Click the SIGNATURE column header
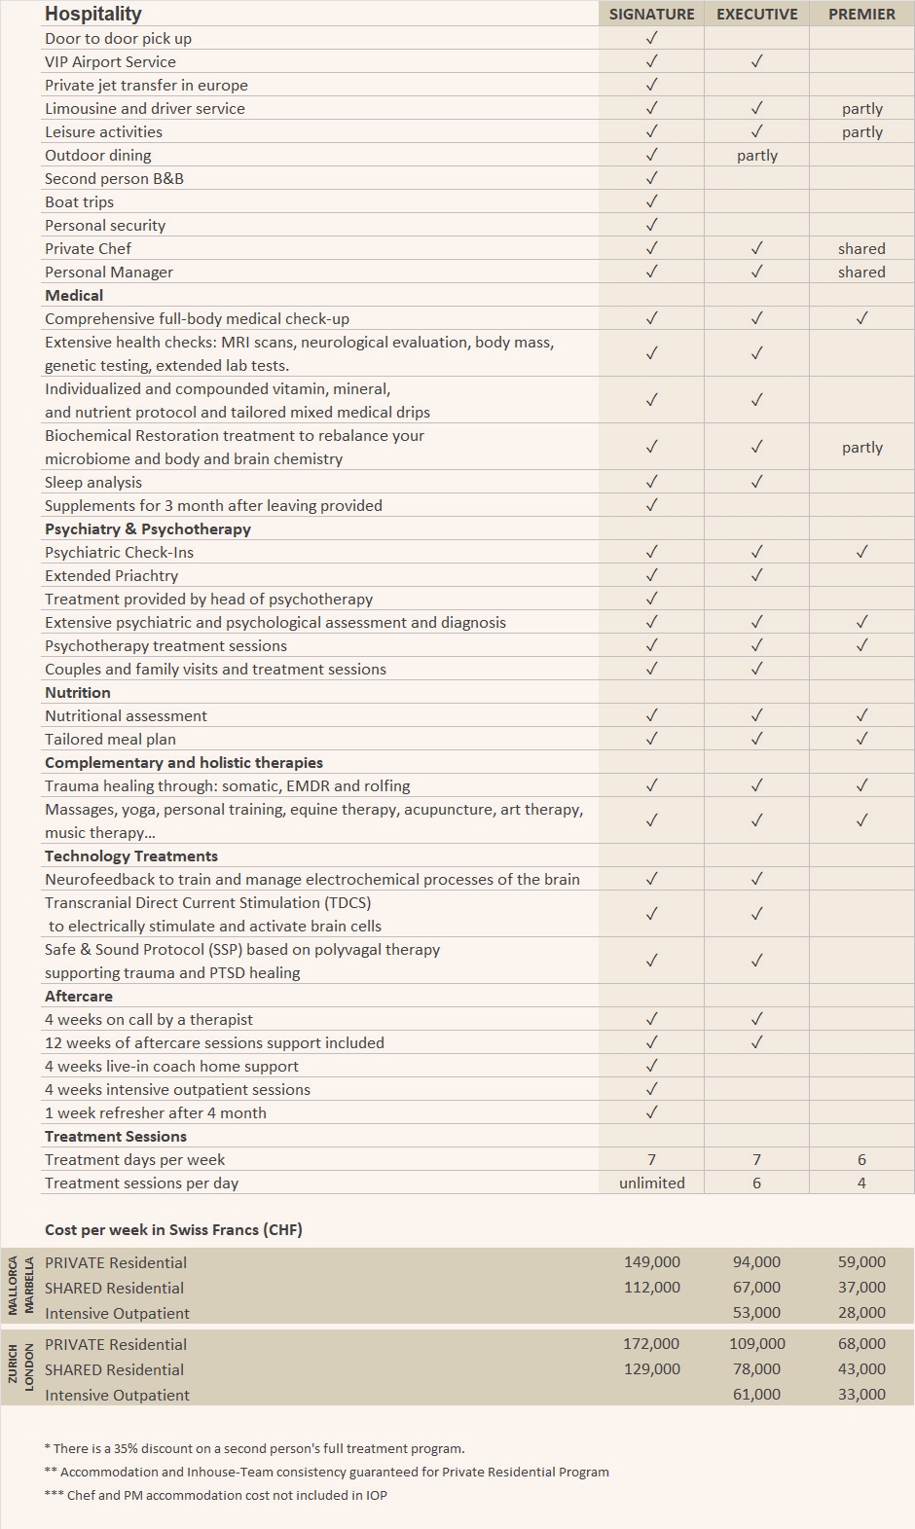[651, 14]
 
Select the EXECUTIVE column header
[756, 14]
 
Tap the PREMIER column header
[861, 14]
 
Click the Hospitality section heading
[93, 14]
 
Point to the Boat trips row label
[79, 201]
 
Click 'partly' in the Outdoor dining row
[756, 155]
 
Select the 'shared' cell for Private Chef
[861, 248]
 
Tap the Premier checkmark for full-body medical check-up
[861, 318]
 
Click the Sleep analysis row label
[93, 482]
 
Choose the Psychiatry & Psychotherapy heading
[148, 528]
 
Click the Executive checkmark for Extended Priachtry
[756, 575]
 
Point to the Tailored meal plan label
[110, 739]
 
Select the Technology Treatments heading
[131, 856]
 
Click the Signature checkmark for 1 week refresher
[651, 1112]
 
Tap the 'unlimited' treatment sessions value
[651, 1183]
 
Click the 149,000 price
[651, 1261]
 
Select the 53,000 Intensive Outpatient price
[756, 1312]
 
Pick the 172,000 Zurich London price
[651, 1343]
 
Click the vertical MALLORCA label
[14, 1286]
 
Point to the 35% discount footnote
[254, 1448]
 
